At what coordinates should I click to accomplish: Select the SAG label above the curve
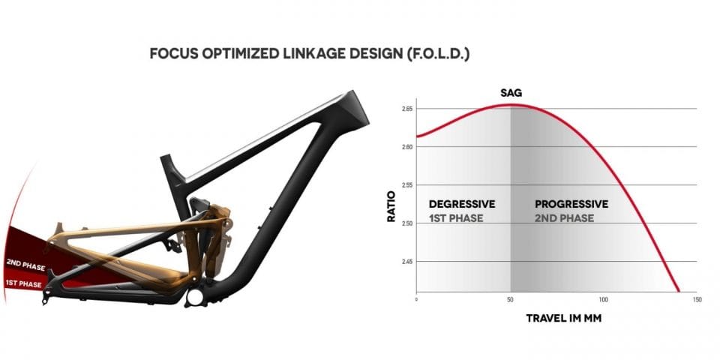[511, 93]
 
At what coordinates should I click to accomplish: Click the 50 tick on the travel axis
[510, 300]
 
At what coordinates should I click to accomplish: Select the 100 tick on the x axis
[603, 300]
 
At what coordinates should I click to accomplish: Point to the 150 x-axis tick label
[697, 300]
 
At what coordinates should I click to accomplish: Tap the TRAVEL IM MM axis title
[563, 318]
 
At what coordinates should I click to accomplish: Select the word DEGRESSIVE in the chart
[462, 204]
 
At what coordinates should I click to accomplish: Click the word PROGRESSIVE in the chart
[571, 204]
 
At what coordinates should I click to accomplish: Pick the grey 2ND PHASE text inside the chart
[564, 218]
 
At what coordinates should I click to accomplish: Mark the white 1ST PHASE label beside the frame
[23, 283]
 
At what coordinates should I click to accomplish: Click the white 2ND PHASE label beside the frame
[25, 265]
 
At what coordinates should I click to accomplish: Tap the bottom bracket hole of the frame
[195, 298]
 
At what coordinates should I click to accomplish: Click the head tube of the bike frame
[352, 108]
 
